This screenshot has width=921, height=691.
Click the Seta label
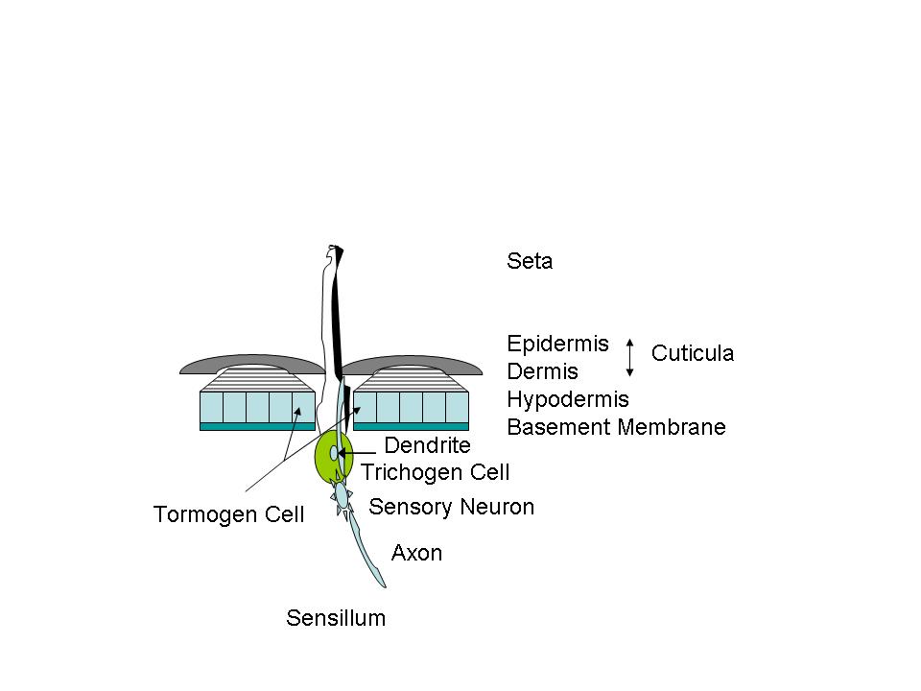(x=530, y=261)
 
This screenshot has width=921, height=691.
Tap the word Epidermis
(x=557, y=344)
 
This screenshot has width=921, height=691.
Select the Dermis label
(x=542, y=371)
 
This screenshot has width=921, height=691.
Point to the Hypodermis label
(x=567, y=399)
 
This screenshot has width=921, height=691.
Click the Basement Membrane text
(x=616, y=427)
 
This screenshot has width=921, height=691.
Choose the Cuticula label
(x=692, y=353)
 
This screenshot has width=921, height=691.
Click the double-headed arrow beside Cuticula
(x=629, y=357)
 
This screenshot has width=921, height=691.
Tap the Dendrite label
(x=427, y=445)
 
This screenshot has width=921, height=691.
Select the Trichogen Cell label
(x=435, y=472)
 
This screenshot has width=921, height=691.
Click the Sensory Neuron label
(x=451, y=507)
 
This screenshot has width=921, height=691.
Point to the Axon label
(x=416, y=553)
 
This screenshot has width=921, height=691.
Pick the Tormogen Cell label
(x=228, y=514)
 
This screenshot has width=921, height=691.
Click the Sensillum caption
(x=336, y=618)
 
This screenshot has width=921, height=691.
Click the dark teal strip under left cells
(x=257, y=426)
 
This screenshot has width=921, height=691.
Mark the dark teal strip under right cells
(x=411, y=426)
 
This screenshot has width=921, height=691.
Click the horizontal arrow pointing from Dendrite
(x=357, y=453)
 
